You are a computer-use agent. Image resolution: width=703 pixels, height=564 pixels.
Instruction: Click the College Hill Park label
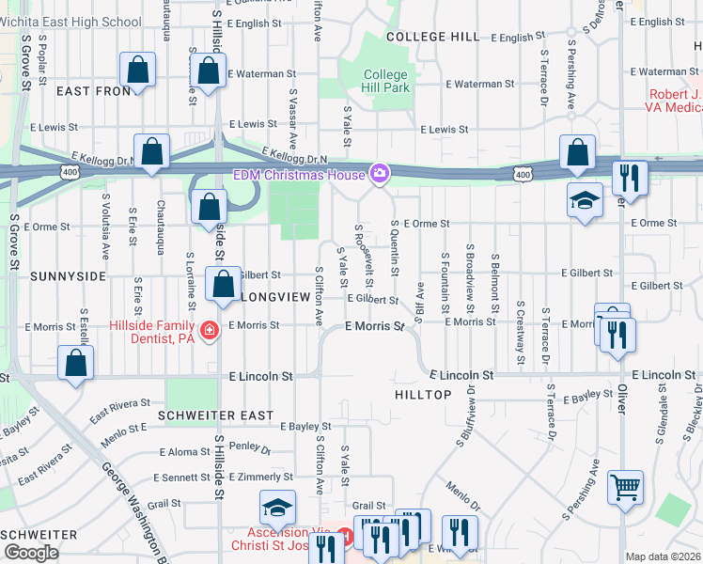click(385, 81)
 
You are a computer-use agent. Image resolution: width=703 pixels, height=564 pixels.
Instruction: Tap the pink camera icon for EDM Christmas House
click(380, 173)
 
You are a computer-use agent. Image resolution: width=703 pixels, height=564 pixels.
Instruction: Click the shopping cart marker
click(625, 487)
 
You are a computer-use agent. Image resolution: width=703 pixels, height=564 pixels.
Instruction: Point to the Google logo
click(30, 553)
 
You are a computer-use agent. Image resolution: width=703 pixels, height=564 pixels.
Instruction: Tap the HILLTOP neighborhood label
click(423, 395)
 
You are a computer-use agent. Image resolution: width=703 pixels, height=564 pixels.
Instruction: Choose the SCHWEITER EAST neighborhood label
click(216, 415)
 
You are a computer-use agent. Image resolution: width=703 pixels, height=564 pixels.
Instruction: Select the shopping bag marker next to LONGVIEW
click(224, 286)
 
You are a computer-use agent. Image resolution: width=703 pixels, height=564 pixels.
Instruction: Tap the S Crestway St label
click(520, 333)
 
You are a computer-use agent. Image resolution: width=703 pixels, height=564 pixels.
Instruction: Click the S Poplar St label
click(43, 62)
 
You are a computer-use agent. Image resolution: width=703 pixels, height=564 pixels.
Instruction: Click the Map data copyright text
click(664, 556)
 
